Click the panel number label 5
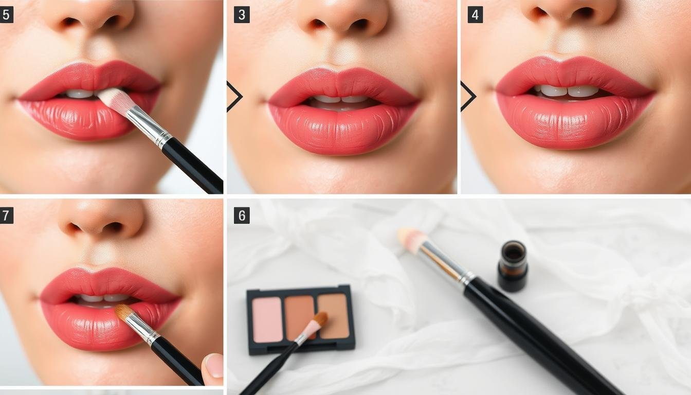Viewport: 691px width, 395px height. point(6,15)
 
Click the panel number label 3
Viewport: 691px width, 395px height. point(242,15)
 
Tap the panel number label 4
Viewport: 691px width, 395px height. point(476,15)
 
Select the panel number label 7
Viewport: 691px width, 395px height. point(6,216)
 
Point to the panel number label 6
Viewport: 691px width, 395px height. point(242,216)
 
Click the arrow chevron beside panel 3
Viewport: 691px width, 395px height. point(234,96)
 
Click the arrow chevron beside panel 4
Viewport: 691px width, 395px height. point(468,96)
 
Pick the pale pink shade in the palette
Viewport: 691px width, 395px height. point(267,320)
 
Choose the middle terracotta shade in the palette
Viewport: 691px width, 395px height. point(299,317)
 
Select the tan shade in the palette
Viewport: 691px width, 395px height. point(334,316)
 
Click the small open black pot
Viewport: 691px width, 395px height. point(513,266)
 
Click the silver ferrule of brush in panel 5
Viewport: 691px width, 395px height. point(149,127)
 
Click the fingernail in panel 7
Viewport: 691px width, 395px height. point(215,365)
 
